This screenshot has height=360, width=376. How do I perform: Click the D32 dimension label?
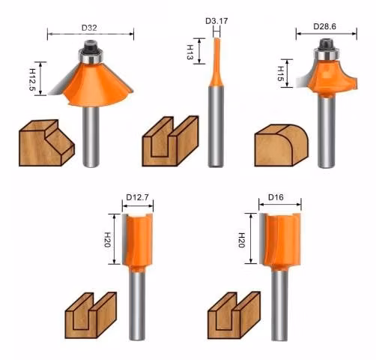[x=89, y=28]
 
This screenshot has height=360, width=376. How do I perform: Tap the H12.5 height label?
[x=33, y=79]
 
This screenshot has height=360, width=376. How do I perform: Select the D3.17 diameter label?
[x=216, y=21]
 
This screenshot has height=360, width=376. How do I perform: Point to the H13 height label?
[x=190, y=52]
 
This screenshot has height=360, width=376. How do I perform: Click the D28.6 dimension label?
[x=324, y=26]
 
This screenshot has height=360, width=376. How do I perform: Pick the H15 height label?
[x=281, y=73]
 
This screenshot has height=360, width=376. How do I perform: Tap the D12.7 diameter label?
[x=137, y=197]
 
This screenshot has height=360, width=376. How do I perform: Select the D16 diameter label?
[x=276, y=197]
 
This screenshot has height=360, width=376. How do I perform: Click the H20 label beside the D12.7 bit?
[x=108, y=240]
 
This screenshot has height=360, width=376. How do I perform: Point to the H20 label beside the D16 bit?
[x=241, y=240]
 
